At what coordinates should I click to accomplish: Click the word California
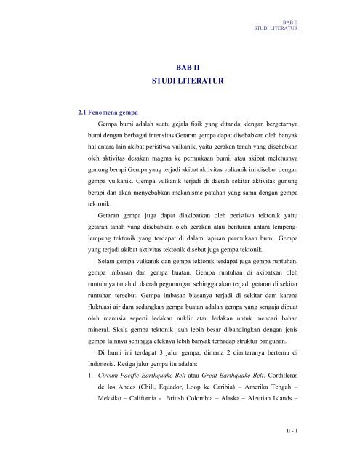[149, 404]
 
